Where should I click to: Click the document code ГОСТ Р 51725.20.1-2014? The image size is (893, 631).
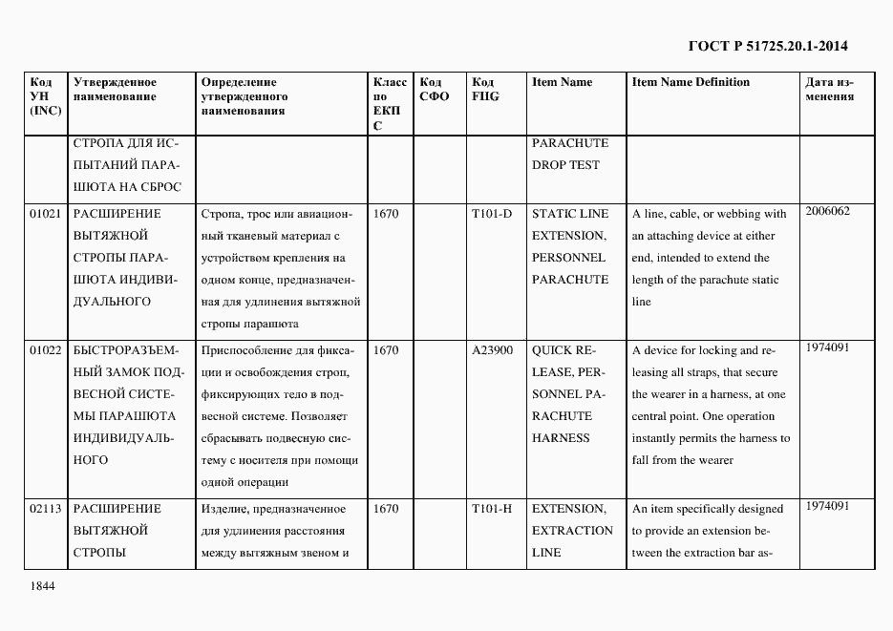click(x=768, y=45)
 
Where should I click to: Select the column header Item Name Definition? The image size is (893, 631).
click(x=691, y=82)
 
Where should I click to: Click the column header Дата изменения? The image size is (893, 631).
click(x=830, y=89)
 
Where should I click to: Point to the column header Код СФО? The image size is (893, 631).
click(x=435, y=89)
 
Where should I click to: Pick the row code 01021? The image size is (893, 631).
click(x=45, y=214)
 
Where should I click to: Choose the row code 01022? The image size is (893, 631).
click(x=45, y=350)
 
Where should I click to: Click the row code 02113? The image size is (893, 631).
click(x=45, y=509)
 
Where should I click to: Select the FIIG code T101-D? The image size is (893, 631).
click(x=492, y=214)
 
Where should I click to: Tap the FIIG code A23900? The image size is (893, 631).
click(x=493, y=350)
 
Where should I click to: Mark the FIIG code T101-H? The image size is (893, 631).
click(x=492, y=509)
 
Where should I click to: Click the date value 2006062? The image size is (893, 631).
click(x=827, y=211)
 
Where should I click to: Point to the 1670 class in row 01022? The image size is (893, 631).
click(x=386, y=350)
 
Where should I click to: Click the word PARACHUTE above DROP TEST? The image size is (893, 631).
click(x=569, y=143)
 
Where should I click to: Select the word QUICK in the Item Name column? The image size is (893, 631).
click(x=551, y=350)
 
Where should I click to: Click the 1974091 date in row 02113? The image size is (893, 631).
click(x=827, y=506)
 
